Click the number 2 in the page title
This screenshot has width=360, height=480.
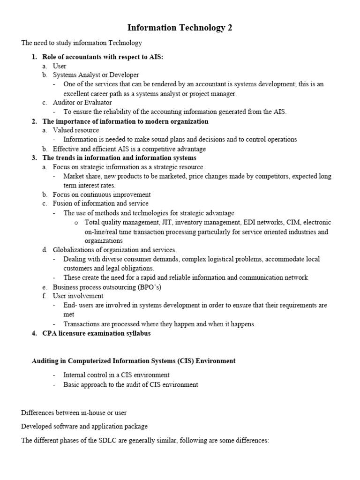coord(230,28)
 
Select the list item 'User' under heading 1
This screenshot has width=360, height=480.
coord(60,66)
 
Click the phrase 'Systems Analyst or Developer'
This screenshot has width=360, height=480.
coord(96,75)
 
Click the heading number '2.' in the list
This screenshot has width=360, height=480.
coord(34,121)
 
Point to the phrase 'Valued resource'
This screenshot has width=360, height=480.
coord(75,130)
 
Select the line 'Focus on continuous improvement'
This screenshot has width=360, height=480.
coord(102,195)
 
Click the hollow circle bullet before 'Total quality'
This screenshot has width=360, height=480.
coord(76,223)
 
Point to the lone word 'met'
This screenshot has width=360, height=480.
coord(69,315)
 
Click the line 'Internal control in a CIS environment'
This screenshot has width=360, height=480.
coord(116,375)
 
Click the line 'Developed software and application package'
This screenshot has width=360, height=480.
coord(84,427)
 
